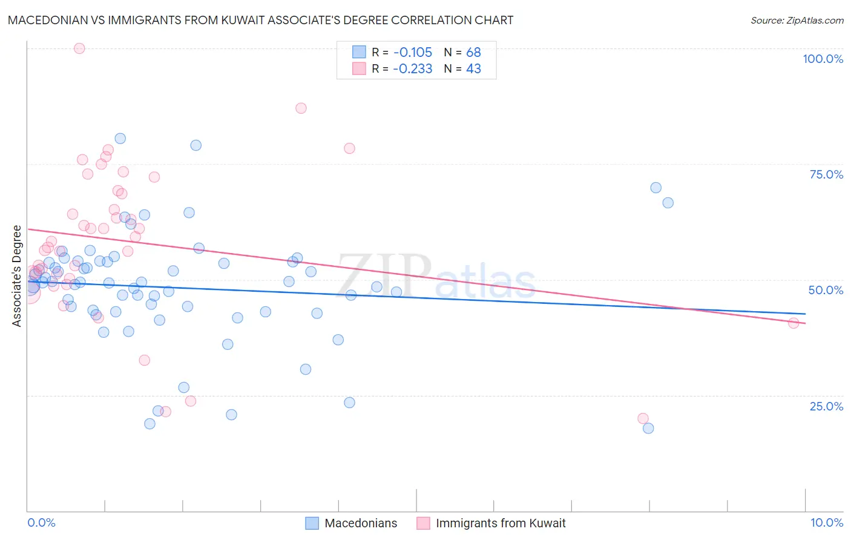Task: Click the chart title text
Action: click(260, 20)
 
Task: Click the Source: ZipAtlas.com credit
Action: click(797, 20)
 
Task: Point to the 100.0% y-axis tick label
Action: click(823, 59)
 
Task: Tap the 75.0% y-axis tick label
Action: click(826, 174)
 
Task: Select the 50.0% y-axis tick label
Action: click(826, 290)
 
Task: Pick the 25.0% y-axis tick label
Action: click(826, 406)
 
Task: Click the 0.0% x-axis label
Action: click(41, 522)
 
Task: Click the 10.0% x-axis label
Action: click(826, 522)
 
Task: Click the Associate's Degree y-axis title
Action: click(17, 276)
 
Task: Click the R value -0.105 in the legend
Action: click(412, 52)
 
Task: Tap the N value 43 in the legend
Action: click(473, 69)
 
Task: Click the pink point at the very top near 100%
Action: click(79, 48)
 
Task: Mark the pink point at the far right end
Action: click(793, 323)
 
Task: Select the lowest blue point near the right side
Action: click(648, 428)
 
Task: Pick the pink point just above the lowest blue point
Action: click(643, 418)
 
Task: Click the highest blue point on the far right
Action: click(655, 188)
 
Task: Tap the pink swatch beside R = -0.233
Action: click(359, 69)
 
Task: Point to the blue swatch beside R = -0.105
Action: click(359, 52)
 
